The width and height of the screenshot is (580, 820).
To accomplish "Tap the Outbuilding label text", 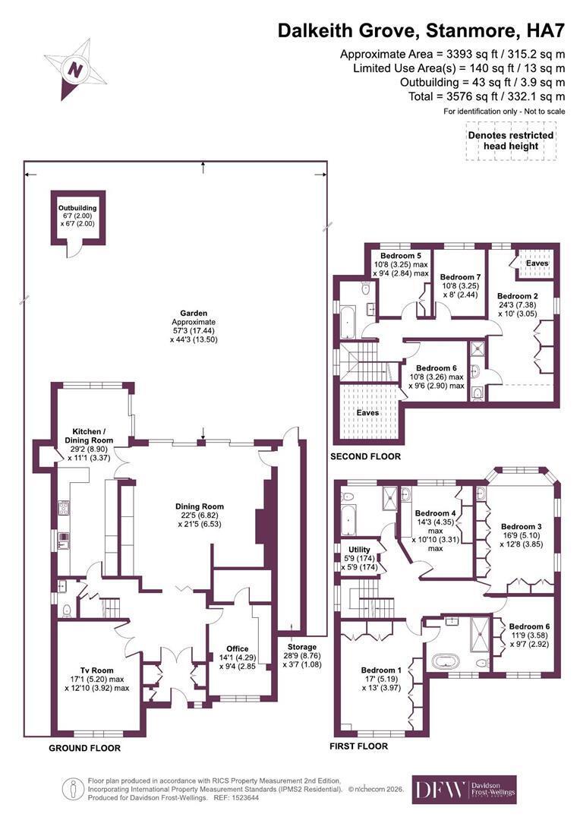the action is click(77, 208).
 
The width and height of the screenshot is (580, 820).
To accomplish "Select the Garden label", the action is click(194, 314).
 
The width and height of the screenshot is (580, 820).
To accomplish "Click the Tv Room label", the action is click(96, 670).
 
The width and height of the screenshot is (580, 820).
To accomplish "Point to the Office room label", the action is click(238, 648).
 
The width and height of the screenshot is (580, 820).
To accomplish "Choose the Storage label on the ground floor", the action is click(302, 647).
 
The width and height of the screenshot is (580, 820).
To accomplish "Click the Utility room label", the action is click(359, 550).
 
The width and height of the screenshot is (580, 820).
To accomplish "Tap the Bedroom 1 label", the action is click(381, 670).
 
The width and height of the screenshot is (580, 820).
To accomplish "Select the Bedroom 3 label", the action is click(521, 527).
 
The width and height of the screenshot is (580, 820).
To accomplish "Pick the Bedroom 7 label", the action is click(460, 277).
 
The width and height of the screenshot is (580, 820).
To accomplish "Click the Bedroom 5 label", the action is click(401, 256).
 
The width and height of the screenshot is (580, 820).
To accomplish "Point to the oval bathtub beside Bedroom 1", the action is click(445, 661).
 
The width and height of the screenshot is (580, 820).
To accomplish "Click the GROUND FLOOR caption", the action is click(85, 749).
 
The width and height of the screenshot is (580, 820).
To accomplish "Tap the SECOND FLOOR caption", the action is click(366, 456).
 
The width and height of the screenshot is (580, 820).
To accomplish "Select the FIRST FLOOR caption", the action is click(359, 746).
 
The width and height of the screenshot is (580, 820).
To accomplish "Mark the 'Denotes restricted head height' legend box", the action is click(510, 140).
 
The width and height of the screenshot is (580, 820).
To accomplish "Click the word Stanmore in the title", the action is click(470, 31).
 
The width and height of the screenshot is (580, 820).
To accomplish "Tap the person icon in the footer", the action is click(73, 789).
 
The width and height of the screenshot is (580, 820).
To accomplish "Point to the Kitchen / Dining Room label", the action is click(89, 436).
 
